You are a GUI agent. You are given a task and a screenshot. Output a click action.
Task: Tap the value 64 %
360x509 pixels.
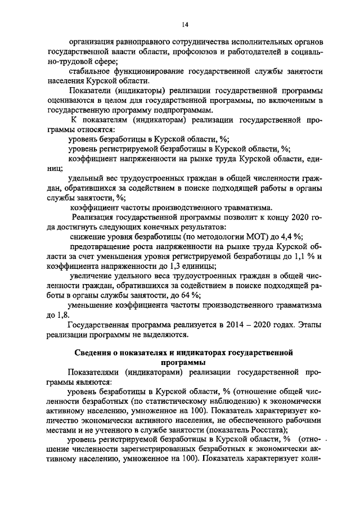(x=190, y=296)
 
